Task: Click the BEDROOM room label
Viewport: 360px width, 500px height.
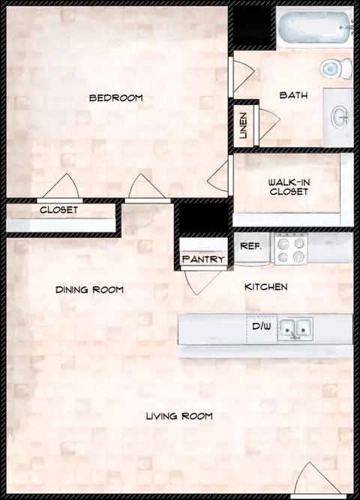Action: [x=116, y=98]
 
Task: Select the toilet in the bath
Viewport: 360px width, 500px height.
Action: [x=336, y=68]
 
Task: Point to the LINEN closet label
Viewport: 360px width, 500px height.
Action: [x=243, y=125]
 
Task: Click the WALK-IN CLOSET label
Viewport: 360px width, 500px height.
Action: [x=289, y=187]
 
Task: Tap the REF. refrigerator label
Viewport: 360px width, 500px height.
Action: [x=251, y=245]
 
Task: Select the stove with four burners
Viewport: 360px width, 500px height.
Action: [x=291, y=248]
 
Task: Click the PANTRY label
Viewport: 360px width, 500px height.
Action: [x=203, y=259]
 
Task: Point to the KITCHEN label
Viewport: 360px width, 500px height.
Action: [x=265, y=287]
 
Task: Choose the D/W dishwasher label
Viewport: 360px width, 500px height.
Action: [x=262, y=327]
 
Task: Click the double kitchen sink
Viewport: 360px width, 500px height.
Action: [x=295, y=328]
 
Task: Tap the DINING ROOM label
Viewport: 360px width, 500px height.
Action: [x=89, y=290]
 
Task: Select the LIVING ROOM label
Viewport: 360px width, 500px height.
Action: [x=179, y=416]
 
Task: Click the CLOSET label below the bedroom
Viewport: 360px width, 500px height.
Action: [x=59, y=209]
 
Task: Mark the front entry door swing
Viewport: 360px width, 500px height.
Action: [x=316, y=479]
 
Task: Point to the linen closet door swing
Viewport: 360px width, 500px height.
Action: [x=268, y=125]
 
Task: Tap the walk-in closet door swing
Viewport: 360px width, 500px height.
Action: [x=218, y=176]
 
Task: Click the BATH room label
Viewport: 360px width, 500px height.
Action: [x=293, y=95]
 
